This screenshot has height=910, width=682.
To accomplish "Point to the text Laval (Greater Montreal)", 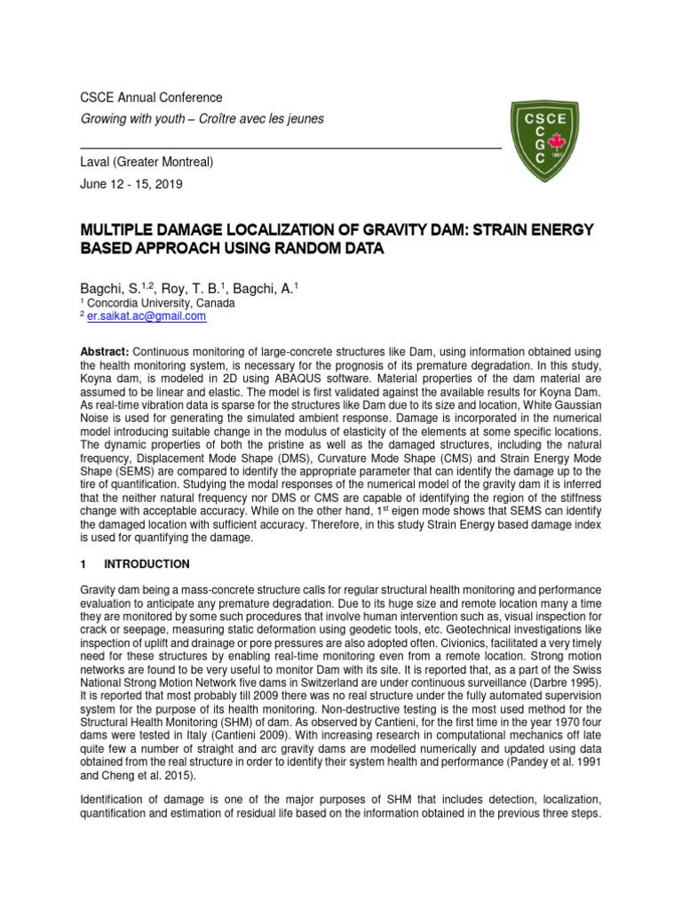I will (147, 163).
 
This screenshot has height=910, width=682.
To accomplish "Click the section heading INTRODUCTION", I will (147, 563).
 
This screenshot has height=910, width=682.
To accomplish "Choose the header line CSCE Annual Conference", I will (152, 98).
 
